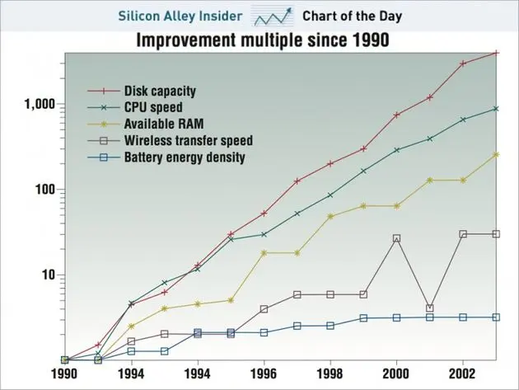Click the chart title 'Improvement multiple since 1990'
pos(263,40)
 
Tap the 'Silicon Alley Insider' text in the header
pos(180,16)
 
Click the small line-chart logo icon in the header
pos(272,16)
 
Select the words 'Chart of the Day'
pos(353,16)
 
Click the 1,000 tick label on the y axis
pos(40,104)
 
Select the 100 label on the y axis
pos(44,190)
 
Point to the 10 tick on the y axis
pos(49,275)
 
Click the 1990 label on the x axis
pos(64,374)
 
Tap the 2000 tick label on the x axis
pos(396,374)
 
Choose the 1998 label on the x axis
pos(330,374)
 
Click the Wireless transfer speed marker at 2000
pos(396,238)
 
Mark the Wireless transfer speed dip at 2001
pos(430,308)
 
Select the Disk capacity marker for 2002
pos(463,63)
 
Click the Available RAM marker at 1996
pos(264,253)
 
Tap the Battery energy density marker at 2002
pos(463,317)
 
